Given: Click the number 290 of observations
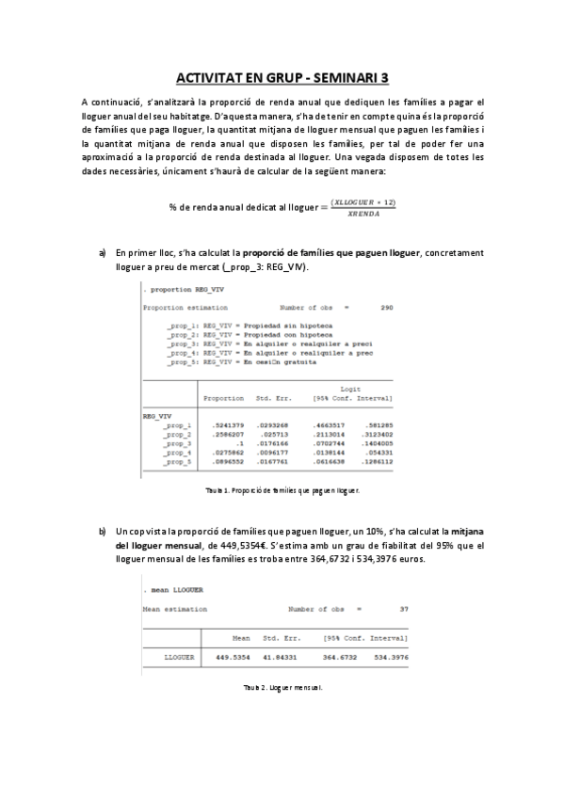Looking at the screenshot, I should click(385, 308).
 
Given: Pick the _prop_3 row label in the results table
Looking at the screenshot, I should click(177, 444).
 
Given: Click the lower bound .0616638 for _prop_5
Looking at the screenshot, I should click(330, 463).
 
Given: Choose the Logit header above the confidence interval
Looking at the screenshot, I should click(350, 388).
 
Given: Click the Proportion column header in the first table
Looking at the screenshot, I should click(224, 398).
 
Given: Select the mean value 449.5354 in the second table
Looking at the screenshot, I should click(235, 657).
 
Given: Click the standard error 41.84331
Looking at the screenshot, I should click(282, 657).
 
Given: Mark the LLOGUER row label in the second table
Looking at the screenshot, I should click(178, 657).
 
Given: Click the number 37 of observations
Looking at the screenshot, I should click(404, 609).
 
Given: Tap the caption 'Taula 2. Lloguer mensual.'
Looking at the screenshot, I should click(282, 689).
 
